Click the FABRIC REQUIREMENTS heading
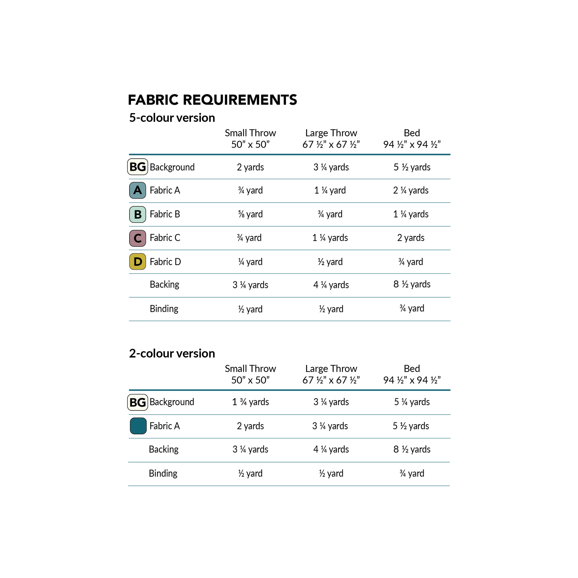pyautogui.click(x=212, y=100)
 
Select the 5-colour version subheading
pyautogui.click(x=172, y=118)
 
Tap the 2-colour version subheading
pyautogui.click(x=172, y=353)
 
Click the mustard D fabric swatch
pyautogui.click(x=138, y=261)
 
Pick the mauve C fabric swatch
pyautogui.click(x=138, y=238)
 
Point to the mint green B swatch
pyautogui.click(x=138, y=214)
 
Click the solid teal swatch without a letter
pyautogui.click(x=138, y=426)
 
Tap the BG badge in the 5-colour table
pyautogui.click(x=138, y=167)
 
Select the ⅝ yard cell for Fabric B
pyautogui.click(x=250, y=214)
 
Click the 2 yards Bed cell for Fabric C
pyautogui.click(x=411, y=238)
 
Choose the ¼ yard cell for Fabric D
pyautogui.click(x=250, y=262)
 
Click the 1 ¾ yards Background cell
pyautogui.click(x=250, y=402)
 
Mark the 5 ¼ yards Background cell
pyautogui.click(x=412, y=402)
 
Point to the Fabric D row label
pyautogui.click(x=165, y=262)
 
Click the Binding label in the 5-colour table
pyautogui.click(x=164, y=308)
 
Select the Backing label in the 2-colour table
pyautogui.click(x=164, y=449)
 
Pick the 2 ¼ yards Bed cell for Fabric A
pyautogui.click(x=411, y=190)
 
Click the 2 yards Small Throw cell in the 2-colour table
pyautogui.click(x=250, y=426)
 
